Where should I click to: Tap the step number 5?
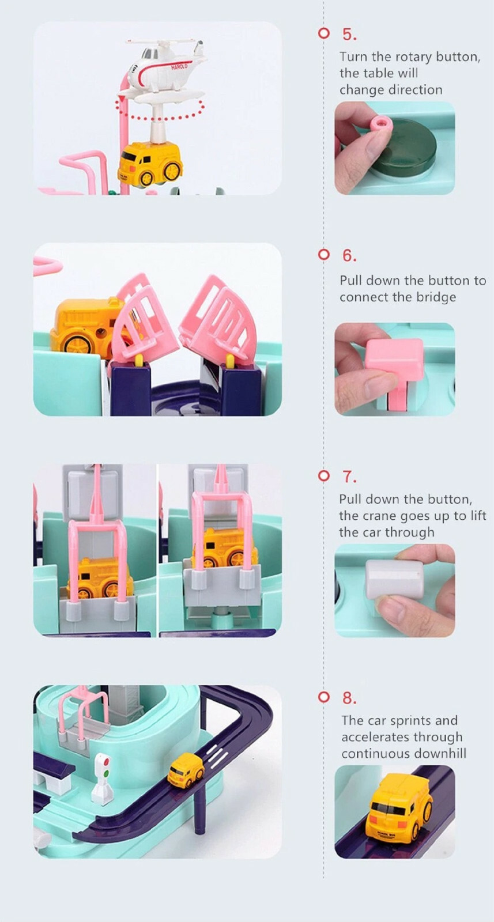tap(349, 35)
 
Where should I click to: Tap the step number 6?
tap(349, 256)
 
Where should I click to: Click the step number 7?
tap(349, 477)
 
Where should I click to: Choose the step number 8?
tap(349, 698)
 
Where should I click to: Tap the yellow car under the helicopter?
tap(150, 165)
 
